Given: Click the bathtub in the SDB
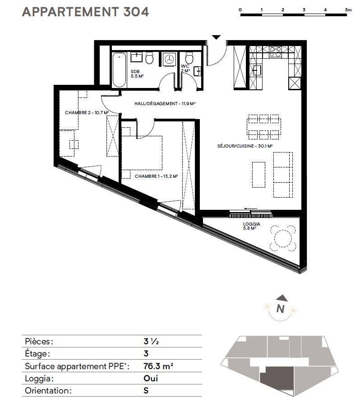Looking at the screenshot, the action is [x=119, y=70].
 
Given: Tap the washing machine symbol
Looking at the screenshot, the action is [x=170, y=59].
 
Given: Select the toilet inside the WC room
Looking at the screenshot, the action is [x=189, y=58].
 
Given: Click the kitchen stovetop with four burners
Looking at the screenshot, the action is [x=275, y=51].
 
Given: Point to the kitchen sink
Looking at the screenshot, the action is [x=257, y=70].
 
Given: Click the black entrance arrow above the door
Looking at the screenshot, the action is [x=216, y=37].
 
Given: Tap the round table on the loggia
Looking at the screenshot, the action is [x=283, y=238].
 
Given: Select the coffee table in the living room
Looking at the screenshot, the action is [x=259, y=175].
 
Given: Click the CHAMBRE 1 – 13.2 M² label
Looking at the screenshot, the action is [x=156, y=176].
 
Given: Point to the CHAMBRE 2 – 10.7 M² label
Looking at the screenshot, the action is [x=87, y=113].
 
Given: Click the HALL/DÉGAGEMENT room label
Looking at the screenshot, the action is [x=165, y=104].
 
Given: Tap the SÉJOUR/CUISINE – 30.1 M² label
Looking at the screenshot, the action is [x=245, y=146].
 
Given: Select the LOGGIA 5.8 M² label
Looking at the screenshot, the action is [x=252, y=226].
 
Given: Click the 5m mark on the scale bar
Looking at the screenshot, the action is [x=348, y=10].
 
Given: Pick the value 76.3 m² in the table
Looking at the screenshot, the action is [x=158, y=366].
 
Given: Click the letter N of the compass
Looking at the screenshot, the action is [x=280, y=309].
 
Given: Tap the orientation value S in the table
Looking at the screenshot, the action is [x=146, y=390].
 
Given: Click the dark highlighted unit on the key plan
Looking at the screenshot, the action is [x=277, y=379].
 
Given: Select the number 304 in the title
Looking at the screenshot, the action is [x=136, y=12].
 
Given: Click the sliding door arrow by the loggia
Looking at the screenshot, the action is [x=250, y=208].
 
